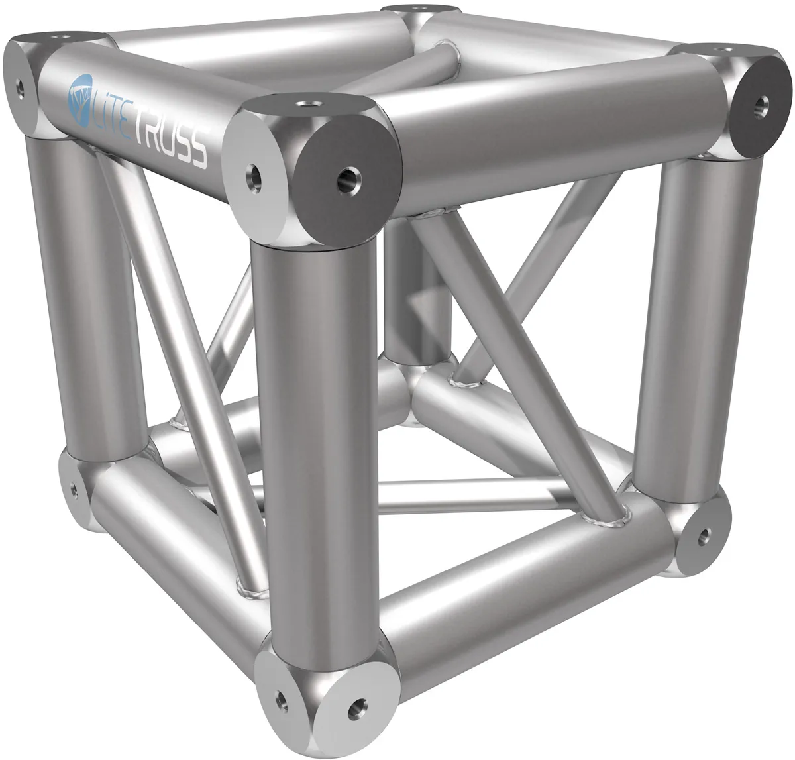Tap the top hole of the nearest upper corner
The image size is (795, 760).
coord(305,105)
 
